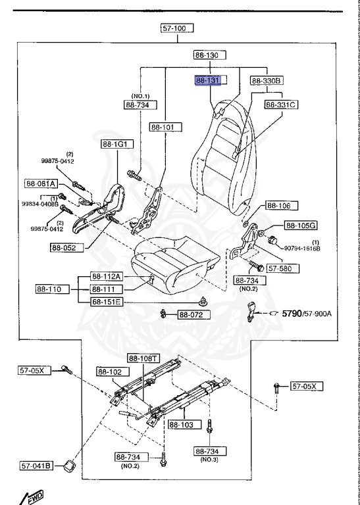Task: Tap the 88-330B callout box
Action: pyautogui.click(x=267, y=80)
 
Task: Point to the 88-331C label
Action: pyautogui.click(x=282, y=105)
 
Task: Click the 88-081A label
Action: pyautogui.click(x=41, y=184)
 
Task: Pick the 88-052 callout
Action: pyautogui.click(x=66, y=248)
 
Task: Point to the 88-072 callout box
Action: pyautogui.click(x=192, y=315)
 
